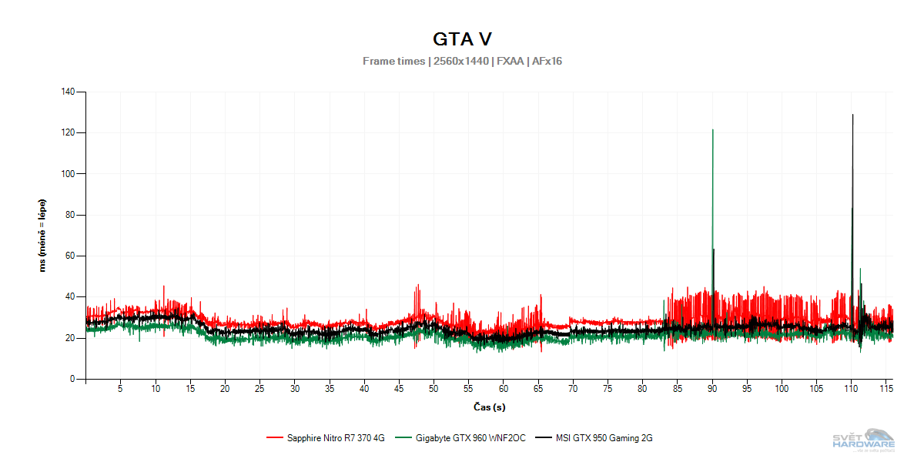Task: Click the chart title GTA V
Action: point(462,38)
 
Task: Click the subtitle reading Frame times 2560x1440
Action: point(462,61)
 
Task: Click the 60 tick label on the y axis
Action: point(70,256)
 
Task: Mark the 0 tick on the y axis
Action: point(72,379)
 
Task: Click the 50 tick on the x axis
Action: point(434,390)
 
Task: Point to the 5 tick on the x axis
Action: point(120,390)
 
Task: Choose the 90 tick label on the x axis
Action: point(712,390)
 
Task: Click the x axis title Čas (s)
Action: point(489,407)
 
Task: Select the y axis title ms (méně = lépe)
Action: point(43,236)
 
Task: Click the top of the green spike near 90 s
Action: point(712,130)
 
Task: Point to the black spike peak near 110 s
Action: point(852,115)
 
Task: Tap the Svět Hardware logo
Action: point(864,440)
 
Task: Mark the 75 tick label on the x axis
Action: point(608,390)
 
